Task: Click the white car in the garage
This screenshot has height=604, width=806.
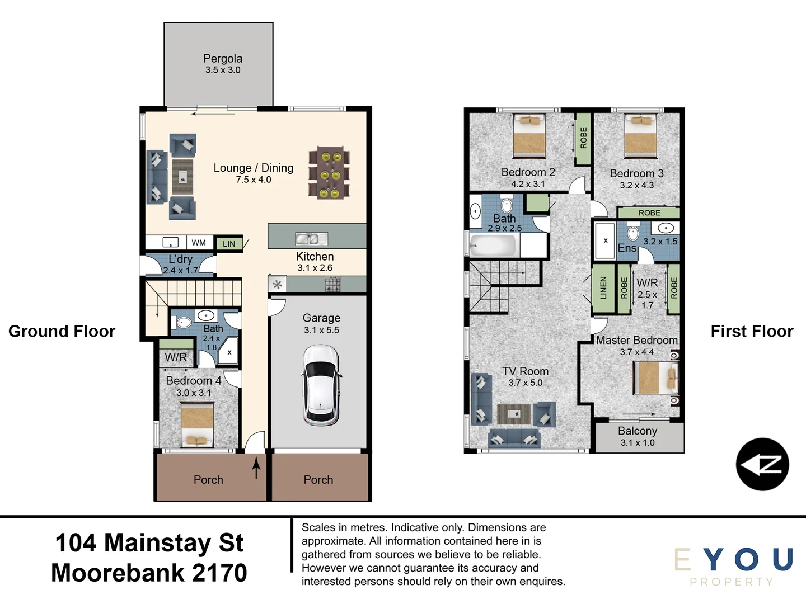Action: [x=321, y=385]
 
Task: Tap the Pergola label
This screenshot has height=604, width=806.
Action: [x=223, y=59]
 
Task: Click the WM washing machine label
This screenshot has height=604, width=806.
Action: [x=199, y=243]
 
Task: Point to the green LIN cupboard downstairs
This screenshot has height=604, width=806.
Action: [x=229, y=244]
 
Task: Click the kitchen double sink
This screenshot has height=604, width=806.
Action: [x=311, y=239]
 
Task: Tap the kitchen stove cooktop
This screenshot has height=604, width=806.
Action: [x=332, y=285]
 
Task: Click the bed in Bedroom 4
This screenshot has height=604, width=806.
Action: [x=197, y=424]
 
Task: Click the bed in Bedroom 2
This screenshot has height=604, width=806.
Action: [x=529, y=135]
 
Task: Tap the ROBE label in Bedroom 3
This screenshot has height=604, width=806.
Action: [x=649, y=213]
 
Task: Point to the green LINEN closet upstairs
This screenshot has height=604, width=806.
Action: [x=603, y=288]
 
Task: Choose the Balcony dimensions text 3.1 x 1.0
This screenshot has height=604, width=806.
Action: [x=638, y=442]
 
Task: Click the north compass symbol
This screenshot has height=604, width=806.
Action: [x=762, y=464]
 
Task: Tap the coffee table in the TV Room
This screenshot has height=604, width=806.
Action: [x=514, y=414]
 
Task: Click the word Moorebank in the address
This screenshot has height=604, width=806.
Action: [x=118, y=573]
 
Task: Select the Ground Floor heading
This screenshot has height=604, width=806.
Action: [x=62, y=331]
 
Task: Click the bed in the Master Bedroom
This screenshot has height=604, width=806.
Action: [x=656, y=377]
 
